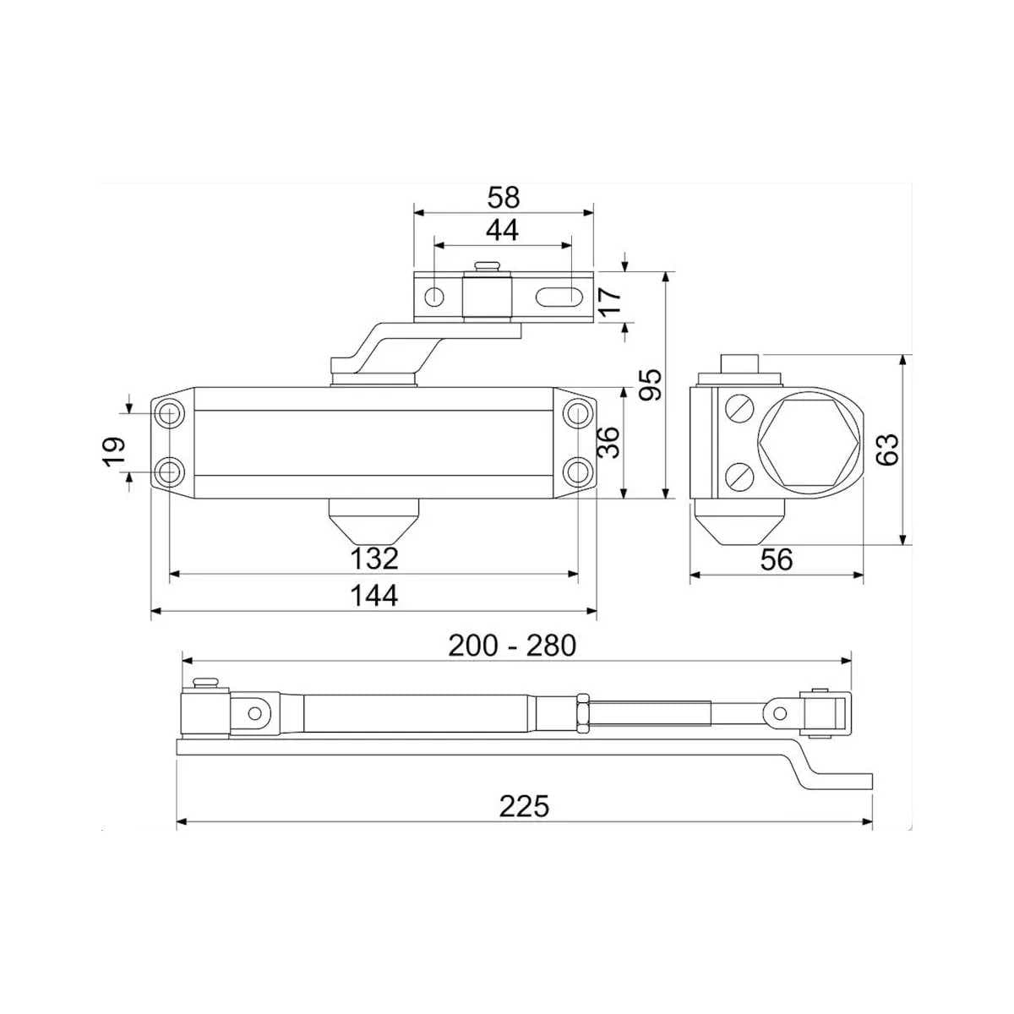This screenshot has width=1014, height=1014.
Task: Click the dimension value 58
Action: click(503, 198)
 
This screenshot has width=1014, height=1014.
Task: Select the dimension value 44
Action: click(502, 230)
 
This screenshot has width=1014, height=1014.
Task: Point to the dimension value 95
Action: click(650, 384)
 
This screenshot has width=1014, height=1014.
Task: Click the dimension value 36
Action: click(608, 443)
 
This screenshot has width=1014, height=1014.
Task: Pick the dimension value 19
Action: click(114, 451)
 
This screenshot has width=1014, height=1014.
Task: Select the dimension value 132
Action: click(374, 559)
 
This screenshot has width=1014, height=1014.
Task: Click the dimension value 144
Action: click(374, 596)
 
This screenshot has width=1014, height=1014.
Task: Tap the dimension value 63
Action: click(888, 450)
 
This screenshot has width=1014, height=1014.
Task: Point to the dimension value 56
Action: click(777, 559)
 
